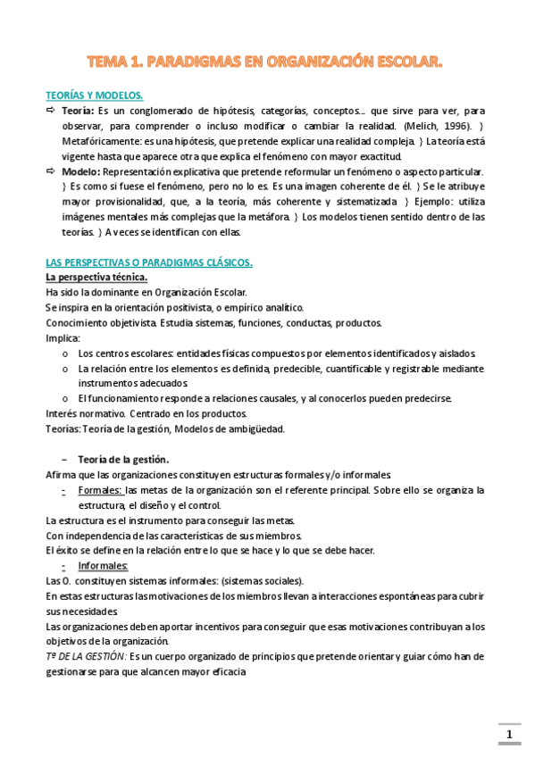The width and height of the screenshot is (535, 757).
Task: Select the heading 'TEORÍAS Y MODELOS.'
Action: pos(94,96)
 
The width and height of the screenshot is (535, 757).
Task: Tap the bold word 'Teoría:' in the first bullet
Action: pos(79,111)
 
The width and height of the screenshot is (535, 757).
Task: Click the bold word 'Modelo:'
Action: pos(81,171)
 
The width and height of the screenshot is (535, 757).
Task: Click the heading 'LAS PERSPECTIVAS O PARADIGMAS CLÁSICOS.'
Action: pos(149,262)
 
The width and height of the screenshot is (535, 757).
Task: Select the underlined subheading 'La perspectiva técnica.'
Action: pos(90,278)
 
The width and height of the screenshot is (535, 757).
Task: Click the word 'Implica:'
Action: pos(63,338)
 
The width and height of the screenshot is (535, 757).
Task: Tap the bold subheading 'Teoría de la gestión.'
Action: pos(123,459)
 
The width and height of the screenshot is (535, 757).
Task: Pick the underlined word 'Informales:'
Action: pos(103,566)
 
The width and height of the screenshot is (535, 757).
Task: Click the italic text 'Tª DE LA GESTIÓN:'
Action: pos(86,656)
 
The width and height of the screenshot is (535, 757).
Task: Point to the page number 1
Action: pos(509,735)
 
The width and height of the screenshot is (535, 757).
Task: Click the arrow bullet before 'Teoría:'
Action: pos(51,111)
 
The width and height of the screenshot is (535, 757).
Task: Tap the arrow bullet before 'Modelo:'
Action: pos(51,171)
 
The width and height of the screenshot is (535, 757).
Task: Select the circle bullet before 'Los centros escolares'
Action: pos(65,354)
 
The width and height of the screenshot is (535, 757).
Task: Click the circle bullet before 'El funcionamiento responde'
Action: pos(65,398)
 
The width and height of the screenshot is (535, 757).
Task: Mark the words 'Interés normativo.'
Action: pos(84,413)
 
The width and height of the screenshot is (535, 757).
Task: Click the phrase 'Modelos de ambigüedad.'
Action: pos(236,428)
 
